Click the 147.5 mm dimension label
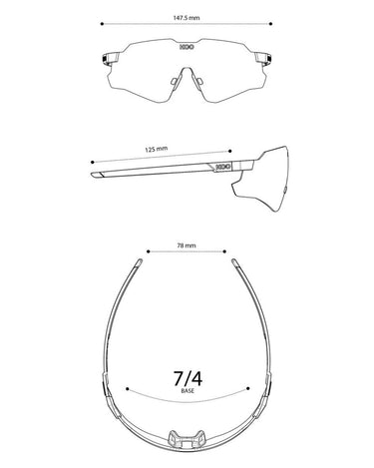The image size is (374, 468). (x=187, y=17)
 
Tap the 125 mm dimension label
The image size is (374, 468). (x=157, y=149)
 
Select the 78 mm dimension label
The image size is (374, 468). (x=187, y=245)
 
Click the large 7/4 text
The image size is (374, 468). (x=187, y=378)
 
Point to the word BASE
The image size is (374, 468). (x=187, y=391)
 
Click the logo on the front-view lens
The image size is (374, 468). (x=187, y=47)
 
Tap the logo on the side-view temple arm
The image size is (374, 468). (x=223, y=167)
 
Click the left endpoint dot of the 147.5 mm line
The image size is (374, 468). (x=102, y=24)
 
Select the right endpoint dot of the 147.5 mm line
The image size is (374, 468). (x=271, y=24)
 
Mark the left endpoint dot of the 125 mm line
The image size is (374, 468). (x=93, y=162)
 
